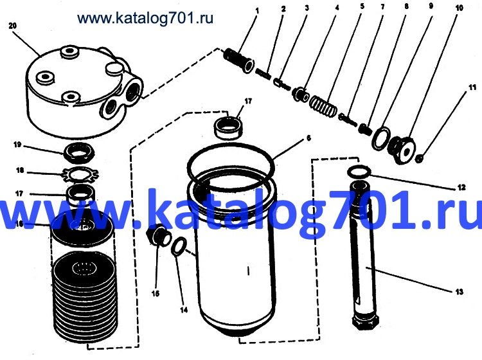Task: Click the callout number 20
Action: [13, 26]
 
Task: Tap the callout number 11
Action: [472, 87]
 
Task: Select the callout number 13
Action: [460, 291]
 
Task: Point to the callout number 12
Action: [461, 187]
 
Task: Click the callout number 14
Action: [184, 310]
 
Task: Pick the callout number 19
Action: [17, 145]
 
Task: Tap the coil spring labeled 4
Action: [323, 106]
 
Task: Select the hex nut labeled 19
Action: [78, 152]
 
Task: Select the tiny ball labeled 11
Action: [419, 159]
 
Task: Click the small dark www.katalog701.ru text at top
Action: [145, 18]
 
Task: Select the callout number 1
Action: [257, 11]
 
